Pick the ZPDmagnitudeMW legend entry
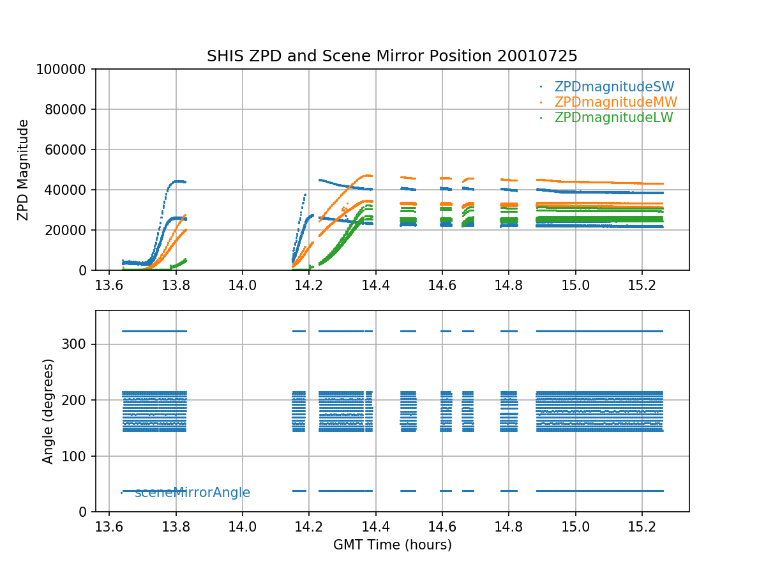pyautogui.click(x=615, y=102)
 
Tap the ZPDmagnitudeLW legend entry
pyautogui.click(x=613, y=118)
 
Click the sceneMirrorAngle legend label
pyautogui.click(x=192, y=493)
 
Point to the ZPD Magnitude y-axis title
pyautogui.click(x=24, y=170)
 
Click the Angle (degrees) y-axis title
pyautogui.click(x=49, y=411)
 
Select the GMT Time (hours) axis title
pyautogui.click(x=392, y=545)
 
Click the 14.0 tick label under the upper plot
pyautogui.click(x=243, y=286)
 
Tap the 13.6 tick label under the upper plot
pyautogui.click(x=109, y=286)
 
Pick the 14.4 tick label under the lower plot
pyautogui.click(x=375, y=527)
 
